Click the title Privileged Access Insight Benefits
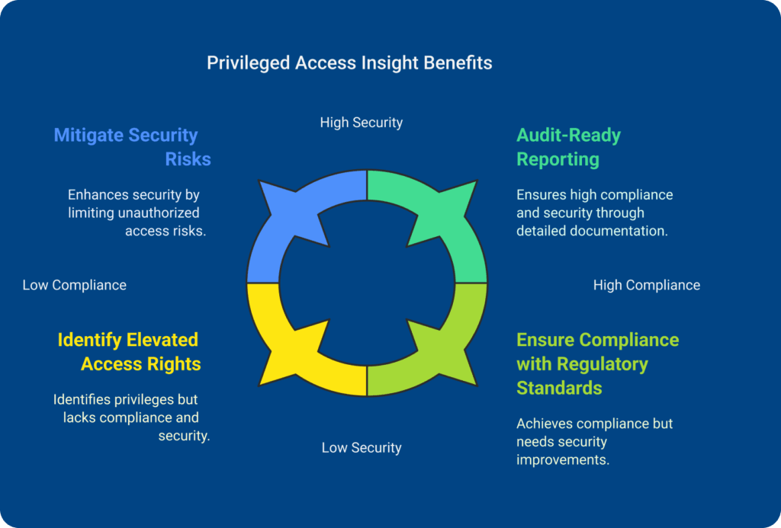[349, 62]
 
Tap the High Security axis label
[362, 122]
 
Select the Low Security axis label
[362, 447]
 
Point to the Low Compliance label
[74, 285]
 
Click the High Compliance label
[647, 285]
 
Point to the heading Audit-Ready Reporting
[568, 147]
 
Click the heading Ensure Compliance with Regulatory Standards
[597, 363]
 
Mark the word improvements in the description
[563, 460]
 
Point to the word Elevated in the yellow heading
[162, 340]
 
